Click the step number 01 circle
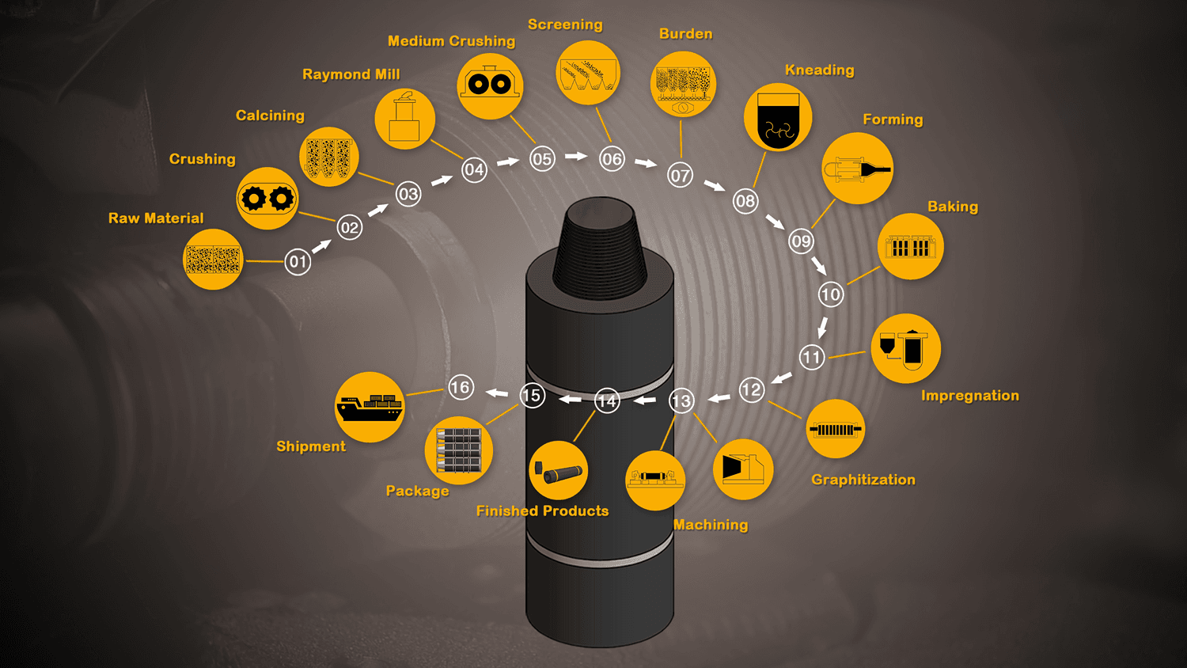298,261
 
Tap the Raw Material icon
213,260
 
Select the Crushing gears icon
267,198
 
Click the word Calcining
270,116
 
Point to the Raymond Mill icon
404,120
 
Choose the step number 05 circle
542,159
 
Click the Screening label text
565,25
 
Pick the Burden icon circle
682,84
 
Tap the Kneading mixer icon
778,118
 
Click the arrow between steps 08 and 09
774,222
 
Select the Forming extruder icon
857,169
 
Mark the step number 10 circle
830,295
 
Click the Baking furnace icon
910,247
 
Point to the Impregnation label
969,396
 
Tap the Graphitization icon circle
835,429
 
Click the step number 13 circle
681,401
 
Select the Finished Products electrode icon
558,471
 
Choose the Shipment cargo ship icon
370,407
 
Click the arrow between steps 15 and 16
497,393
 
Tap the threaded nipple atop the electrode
601,245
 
